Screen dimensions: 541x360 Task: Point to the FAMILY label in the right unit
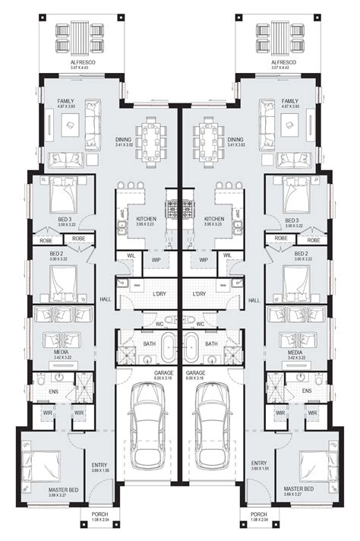289,100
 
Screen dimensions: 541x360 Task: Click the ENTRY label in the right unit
258,463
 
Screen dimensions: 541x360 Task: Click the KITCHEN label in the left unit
146,219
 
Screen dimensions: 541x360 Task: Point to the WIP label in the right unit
204,259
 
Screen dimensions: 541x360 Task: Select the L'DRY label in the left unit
159,293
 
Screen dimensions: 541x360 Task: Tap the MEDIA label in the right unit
295,353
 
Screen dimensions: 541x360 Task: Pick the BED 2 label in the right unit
300,253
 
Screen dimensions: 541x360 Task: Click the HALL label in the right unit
255,300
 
